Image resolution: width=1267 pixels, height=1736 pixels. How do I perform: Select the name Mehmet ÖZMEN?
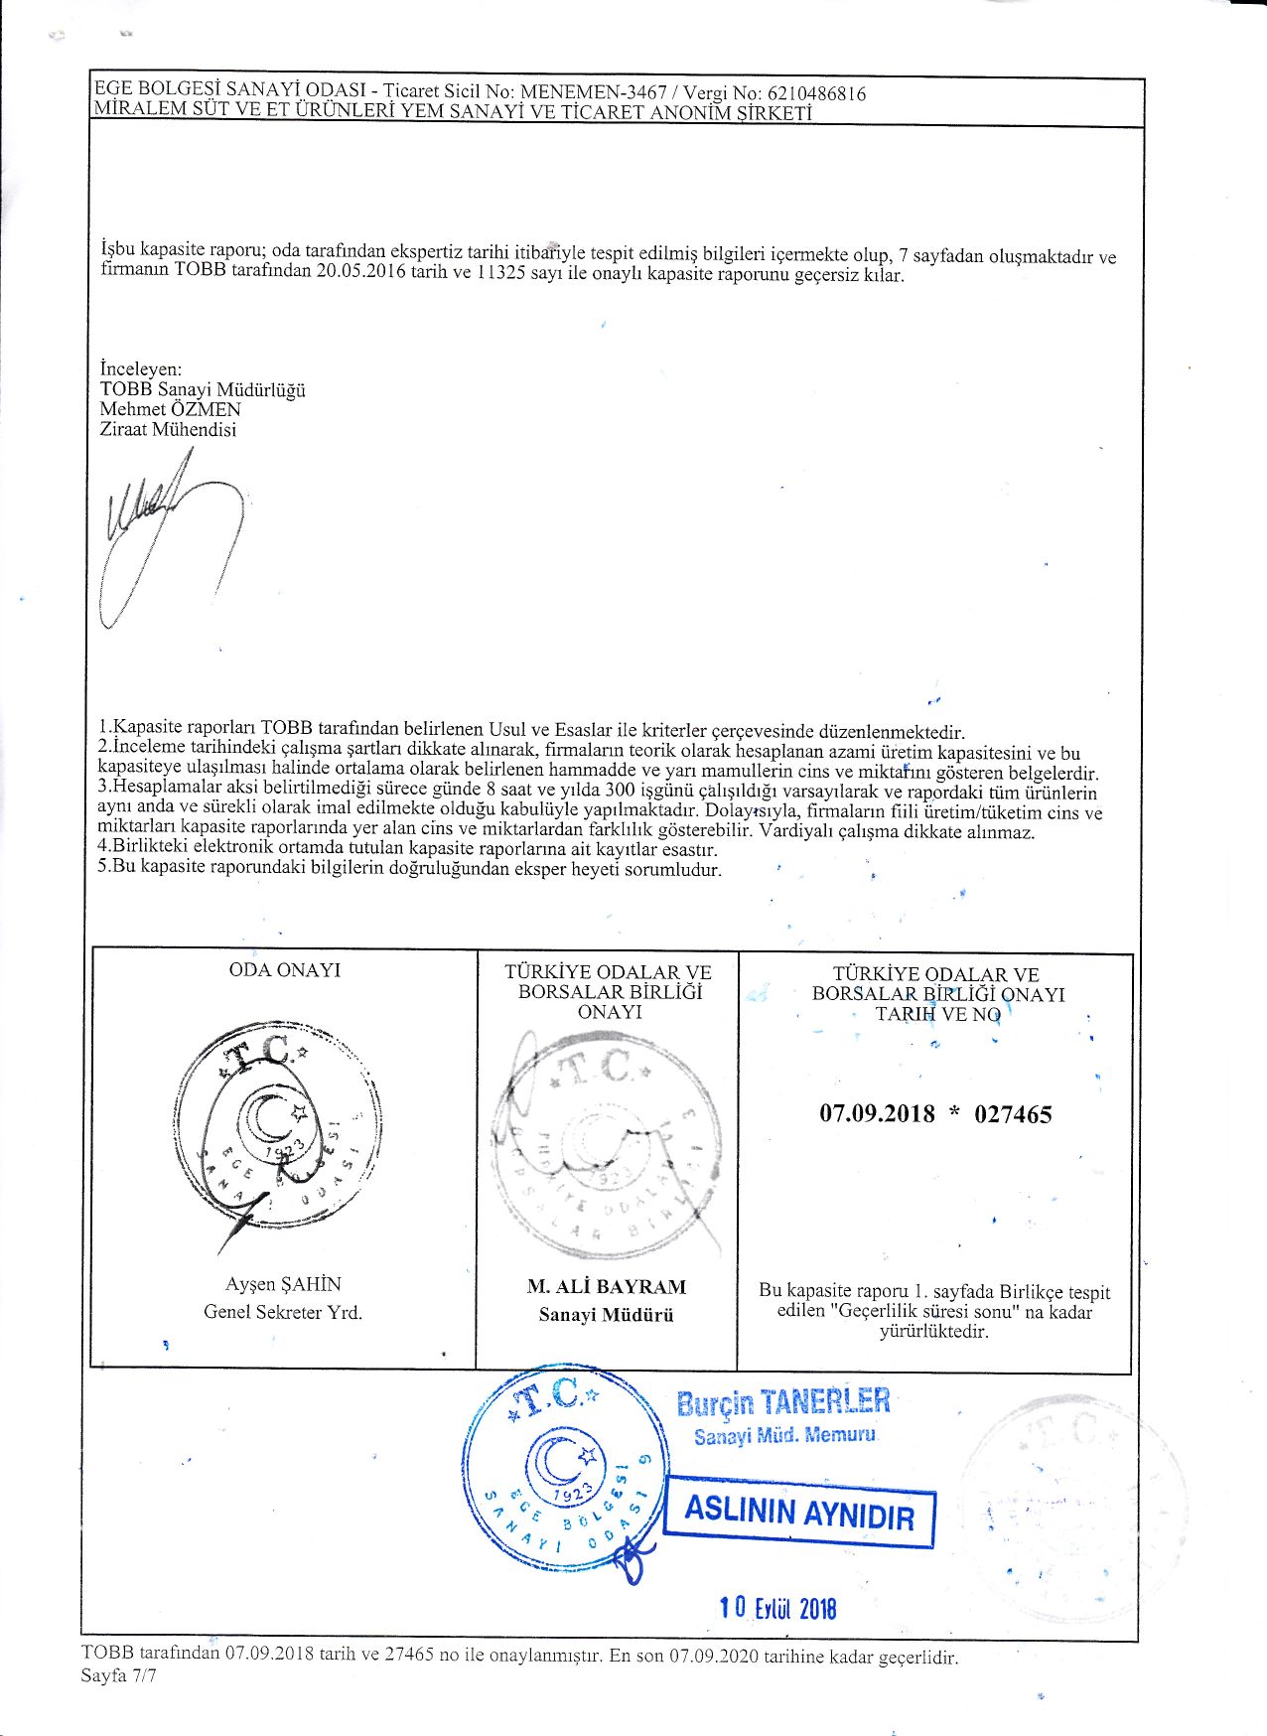pyautogui.click(x=170, y=409)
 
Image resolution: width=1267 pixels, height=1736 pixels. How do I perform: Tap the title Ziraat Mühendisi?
pyautogui.click(x=168, y=430)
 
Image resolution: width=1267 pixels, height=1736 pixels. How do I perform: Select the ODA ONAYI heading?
pyautogui.click(x=284, y=970)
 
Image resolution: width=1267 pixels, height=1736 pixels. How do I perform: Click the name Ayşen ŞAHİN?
pyautogui.click(x=283, y=1284)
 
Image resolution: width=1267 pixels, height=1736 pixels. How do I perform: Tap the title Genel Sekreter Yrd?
pyautogui.click(x=283, y=1312)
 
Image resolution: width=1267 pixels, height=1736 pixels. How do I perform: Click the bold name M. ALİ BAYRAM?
pyautogui.click(x=606, y=1287)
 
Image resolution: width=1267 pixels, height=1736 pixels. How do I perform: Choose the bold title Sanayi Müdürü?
pyautogui.click(x=606, y=1315)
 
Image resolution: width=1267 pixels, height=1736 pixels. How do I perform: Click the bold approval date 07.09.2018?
pyautogui.click(x=877, y=1113)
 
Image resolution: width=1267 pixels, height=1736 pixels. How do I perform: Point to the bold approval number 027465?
pyautogui.click(x=1013, y=1114)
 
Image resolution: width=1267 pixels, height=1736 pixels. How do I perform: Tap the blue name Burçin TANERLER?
pyautogui.click(x=782, y=1402)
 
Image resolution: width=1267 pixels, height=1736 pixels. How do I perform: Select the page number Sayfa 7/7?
pyautogui.click(x=119, y=1676)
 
